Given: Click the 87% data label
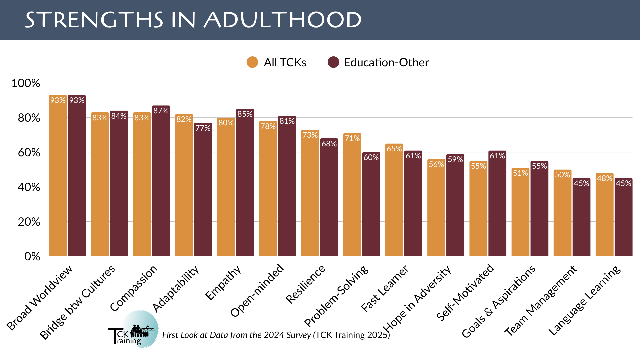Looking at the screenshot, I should tap(161, 111).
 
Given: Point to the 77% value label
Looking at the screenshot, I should tap(203, 128).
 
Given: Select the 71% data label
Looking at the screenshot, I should tap(352, 138).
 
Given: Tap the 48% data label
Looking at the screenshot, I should tap(604, 178).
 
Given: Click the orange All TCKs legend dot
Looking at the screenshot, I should tap(252, 62).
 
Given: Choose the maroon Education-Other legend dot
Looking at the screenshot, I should tap(333, 62).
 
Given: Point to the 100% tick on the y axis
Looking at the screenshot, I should tap(26, 83).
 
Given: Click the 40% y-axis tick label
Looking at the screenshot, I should tap(29, 187).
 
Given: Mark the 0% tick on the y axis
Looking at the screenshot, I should tap(32, 256).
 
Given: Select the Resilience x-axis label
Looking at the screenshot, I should tap(305, 284).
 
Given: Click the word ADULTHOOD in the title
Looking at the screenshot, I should tap(283, 20).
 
